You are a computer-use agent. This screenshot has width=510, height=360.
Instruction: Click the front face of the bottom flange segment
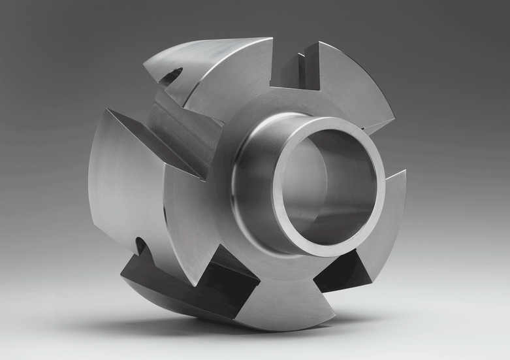(x=274, y=301)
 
